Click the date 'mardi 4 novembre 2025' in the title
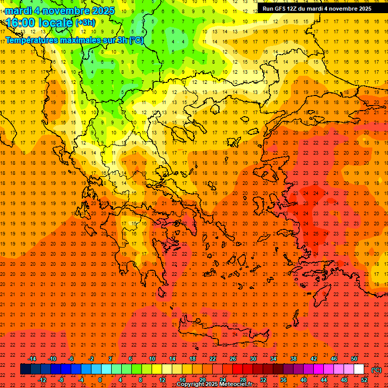[60, 11]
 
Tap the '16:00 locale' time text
[39, 23]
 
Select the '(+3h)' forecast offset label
[85, 23]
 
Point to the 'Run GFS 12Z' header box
[317, 9]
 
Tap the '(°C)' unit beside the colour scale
[376, 369]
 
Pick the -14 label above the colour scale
[32, 359]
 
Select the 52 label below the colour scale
[364, 379]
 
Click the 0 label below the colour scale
[100, 379]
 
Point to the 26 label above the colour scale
[233, 359]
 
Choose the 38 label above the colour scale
[293, 359]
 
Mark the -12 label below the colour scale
[42, 379]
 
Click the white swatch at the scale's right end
[359, 369]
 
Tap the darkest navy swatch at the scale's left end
[25, 369]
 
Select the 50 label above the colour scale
[354, 359]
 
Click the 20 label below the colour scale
[203, 379]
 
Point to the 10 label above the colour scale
[152, 359]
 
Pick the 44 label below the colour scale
[324, 379]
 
